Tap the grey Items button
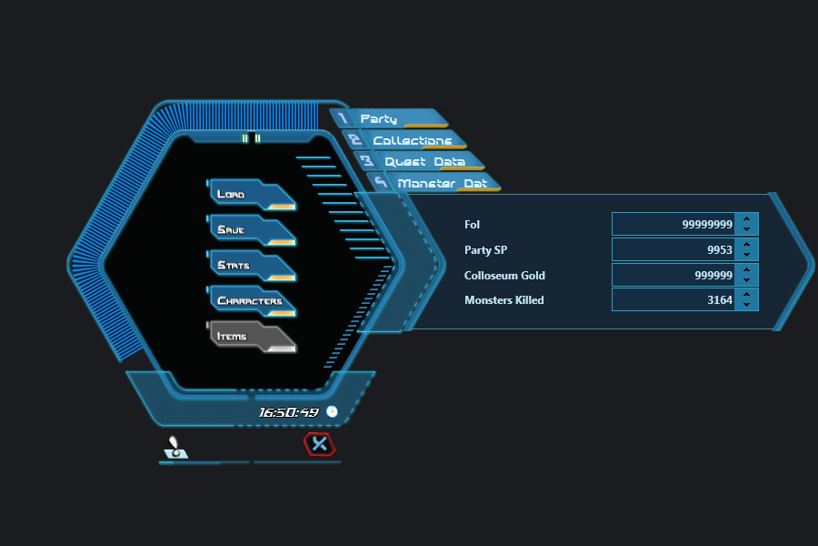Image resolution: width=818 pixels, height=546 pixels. (x=250, y=337)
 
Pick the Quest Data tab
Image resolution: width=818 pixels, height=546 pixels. (x=418, y=161)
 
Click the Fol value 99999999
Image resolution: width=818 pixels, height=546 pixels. (x=673, y=224)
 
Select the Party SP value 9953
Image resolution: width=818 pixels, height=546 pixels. (x=673, y=249)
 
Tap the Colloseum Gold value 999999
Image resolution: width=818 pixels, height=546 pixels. (x=673, y=275)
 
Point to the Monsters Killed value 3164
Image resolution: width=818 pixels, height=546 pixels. (x=673, y=299)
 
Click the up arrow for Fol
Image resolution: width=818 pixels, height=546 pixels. (x=746, y=218)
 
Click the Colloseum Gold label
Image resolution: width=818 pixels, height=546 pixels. (x=504, y=275)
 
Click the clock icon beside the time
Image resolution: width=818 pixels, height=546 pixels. (x=332, y=412)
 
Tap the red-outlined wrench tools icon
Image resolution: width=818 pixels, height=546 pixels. (x=318, y=444)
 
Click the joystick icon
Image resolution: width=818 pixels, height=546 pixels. (x=175, y=448)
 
